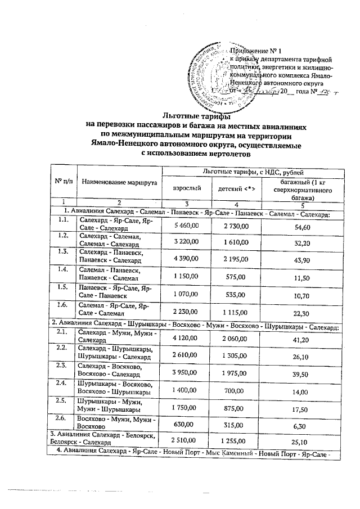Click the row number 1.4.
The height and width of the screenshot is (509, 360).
63,270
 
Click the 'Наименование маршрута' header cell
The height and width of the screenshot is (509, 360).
118,182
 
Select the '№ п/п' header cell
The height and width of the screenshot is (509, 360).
63,182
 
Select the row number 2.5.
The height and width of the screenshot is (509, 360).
63,402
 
